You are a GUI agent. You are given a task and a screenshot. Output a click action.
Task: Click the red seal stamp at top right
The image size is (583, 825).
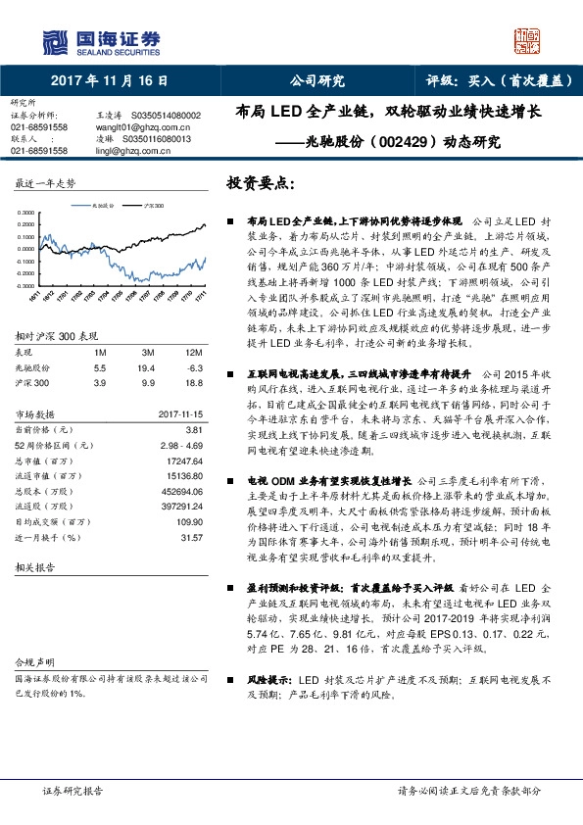point(528,39)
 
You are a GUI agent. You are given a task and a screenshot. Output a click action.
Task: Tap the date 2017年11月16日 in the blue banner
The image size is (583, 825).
point(110,80)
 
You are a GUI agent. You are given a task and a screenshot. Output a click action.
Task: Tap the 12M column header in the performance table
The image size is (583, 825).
point(194,352)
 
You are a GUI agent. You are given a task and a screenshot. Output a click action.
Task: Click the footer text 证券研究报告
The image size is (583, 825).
point(73,790)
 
